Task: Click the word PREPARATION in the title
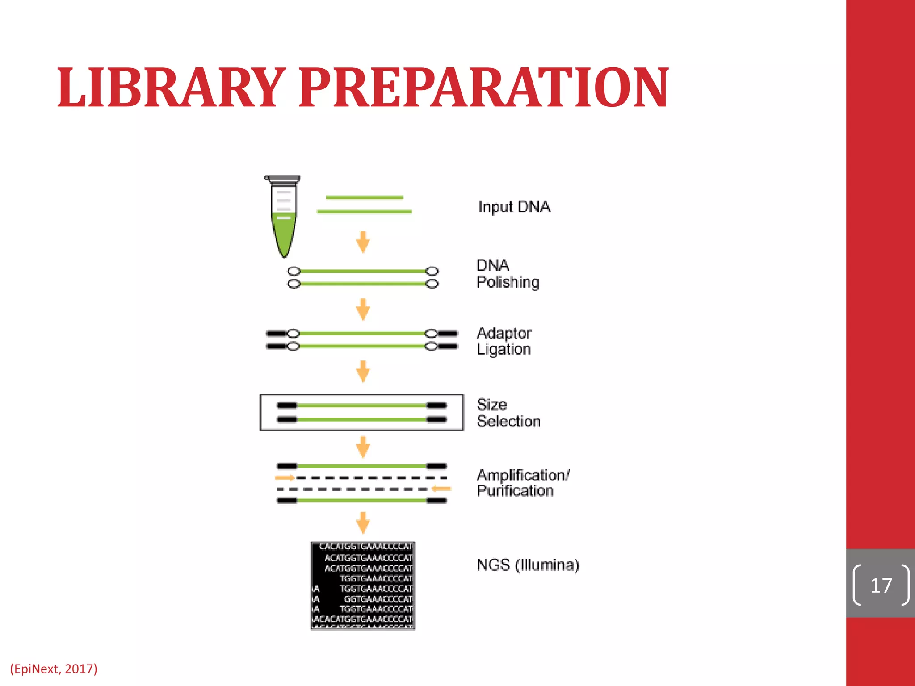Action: pos(484,88)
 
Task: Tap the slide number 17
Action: pos(881,585)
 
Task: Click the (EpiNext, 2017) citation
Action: pos(54,669)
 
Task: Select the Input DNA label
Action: pos(514,207)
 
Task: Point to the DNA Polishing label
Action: pos(508,274)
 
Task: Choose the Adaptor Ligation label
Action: pos(504,341)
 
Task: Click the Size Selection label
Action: pos(508,413)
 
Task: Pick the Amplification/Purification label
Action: pos(523,483)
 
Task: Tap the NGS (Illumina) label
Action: pos(528,565)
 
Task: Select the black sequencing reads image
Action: pos(363,586)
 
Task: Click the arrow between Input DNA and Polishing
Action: pos(363,242)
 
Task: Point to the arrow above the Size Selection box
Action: pos(363,371)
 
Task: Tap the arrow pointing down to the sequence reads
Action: pos(363,523)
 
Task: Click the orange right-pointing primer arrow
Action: pos(285,478)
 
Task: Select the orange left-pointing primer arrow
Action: pos(441,489)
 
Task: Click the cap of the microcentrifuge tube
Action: pos(282,179)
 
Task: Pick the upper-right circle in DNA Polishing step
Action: pos(432,271)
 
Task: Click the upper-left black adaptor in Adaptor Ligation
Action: pos(276,334)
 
